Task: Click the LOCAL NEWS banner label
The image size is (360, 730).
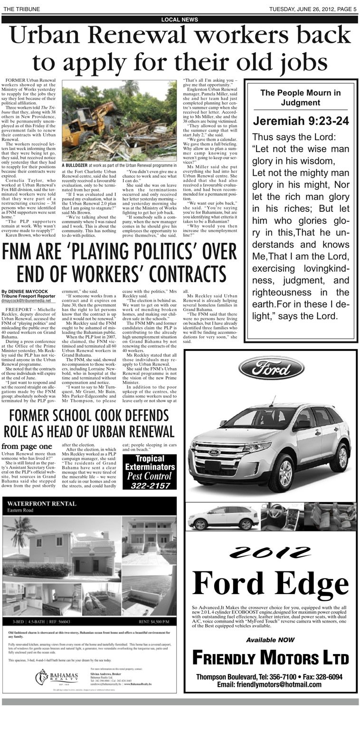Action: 180,19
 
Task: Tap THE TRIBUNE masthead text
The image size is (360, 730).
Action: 21,9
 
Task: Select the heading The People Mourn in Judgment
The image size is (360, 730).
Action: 300,97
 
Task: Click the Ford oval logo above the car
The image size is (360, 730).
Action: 271,368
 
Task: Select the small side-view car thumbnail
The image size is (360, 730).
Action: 223,517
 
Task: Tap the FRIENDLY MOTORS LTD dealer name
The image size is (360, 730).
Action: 270,658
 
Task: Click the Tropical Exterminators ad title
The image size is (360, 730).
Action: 149,463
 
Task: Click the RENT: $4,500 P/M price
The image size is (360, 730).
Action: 153,621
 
